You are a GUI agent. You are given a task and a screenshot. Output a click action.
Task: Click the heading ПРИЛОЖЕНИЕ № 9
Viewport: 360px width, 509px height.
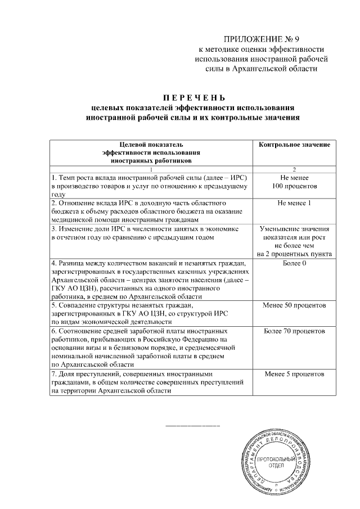click(262, 39)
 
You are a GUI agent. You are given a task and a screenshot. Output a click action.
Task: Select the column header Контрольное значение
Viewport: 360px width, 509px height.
click(294, 145)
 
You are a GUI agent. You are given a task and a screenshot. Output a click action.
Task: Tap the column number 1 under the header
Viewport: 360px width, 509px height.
click(151, 169)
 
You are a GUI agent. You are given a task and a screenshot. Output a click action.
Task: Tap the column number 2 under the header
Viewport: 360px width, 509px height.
click(294, 169)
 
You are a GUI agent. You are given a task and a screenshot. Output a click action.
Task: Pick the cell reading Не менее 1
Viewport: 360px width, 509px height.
click(294, 202)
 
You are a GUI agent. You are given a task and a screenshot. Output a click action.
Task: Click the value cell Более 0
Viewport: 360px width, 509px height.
click(294, 263)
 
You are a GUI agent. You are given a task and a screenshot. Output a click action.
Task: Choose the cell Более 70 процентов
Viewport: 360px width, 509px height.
click(294, 331)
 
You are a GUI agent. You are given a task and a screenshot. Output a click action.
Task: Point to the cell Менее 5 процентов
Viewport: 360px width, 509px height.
click(294, 373)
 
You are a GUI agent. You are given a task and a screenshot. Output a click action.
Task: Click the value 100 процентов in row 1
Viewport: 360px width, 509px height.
click(294, 186)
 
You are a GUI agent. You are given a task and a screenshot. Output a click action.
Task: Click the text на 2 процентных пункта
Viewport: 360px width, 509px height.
click(294, 254)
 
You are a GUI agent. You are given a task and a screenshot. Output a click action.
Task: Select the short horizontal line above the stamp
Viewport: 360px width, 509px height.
click(192, 426)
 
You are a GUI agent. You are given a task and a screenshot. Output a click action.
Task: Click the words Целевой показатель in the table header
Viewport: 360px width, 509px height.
click(151, 145)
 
